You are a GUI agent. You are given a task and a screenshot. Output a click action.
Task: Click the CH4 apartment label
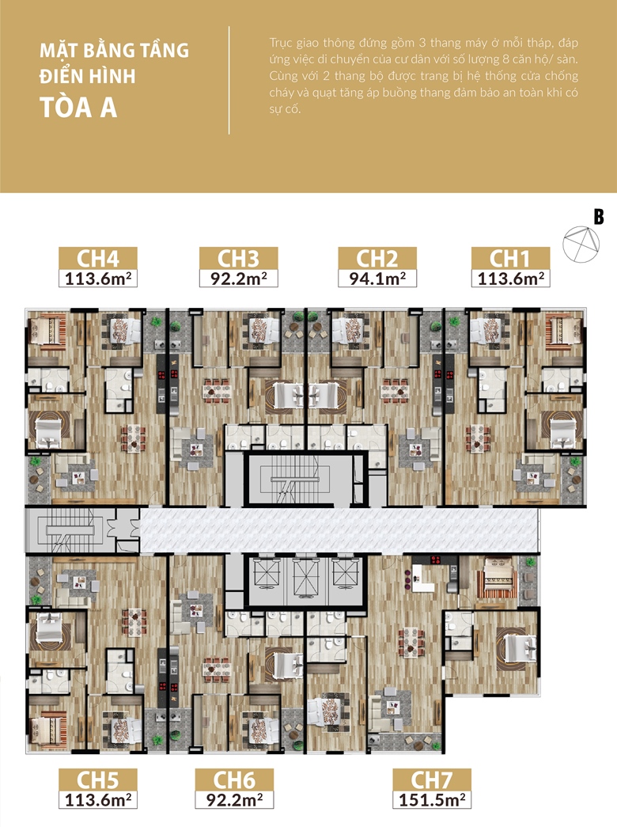click(x=98, y=259)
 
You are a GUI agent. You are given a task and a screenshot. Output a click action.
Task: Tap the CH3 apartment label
click(x=238, y=259)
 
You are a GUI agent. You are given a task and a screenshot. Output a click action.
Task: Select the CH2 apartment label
click(x=377, y=259)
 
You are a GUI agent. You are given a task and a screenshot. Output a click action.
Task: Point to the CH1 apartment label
click(x=510, y=259)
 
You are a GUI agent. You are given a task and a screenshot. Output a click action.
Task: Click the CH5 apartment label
click(x=98, y=780)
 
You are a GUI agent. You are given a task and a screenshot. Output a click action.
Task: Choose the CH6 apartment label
click(x=234, y=780)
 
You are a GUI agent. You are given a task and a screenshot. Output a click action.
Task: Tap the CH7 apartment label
click(x=431, y=780)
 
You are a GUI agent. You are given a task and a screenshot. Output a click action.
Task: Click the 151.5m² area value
click(x=432, y=799)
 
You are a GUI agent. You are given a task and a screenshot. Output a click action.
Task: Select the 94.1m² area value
click(x=377, y=278)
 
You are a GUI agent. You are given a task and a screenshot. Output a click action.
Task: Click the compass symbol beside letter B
click(x=581, y=245)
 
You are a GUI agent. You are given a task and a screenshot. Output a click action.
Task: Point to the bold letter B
click(x=599, y=217)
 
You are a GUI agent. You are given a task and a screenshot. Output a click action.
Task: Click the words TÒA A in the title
click(x=78, y=108)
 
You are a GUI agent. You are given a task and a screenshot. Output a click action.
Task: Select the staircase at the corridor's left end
click(x=66, y=530)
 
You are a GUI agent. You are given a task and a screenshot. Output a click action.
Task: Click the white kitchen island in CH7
click(x=422, y=579)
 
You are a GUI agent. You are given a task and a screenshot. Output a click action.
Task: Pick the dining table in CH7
click(x=411, y=643)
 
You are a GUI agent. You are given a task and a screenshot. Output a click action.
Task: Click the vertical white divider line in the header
click(x=229, y=80)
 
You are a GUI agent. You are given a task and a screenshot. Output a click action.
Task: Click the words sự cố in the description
click(x=285, y=109)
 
